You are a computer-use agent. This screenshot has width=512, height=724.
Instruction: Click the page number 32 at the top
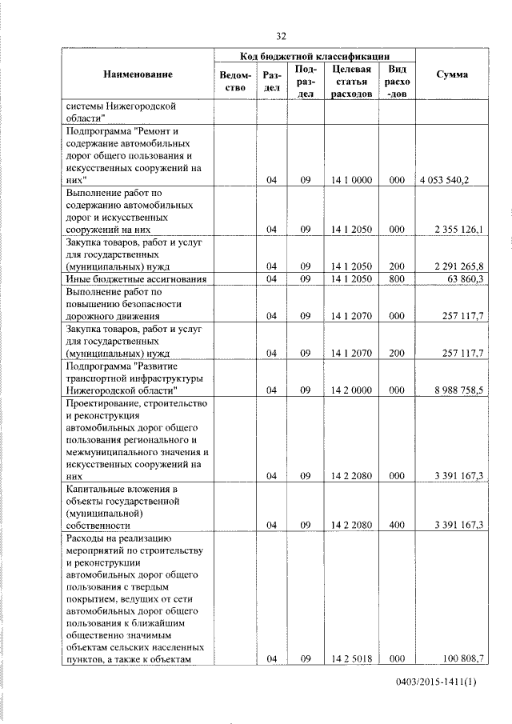click(x=281, y=36)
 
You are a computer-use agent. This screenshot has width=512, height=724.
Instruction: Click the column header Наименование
click(x=138, y=75)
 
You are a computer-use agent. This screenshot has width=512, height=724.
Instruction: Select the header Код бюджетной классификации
click(x=314, y=56)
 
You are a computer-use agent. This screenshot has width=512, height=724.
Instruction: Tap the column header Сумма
click(x=452, y=75)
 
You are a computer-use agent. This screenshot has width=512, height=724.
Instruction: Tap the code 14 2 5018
click(x=350, y=658)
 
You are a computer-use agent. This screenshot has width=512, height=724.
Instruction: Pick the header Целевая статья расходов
click(x=350, y=82)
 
